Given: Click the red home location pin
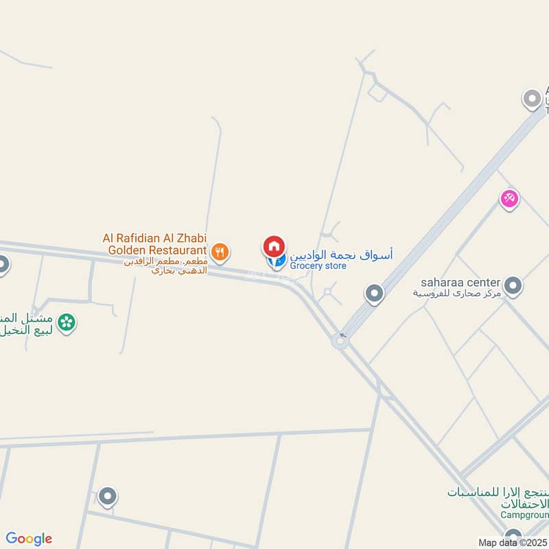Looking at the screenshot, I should click(273, 246).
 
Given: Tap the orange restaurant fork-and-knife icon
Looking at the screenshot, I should click(219, 251).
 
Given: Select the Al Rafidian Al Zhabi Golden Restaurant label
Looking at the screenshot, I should click(155, 244).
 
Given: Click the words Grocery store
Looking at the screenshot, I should click(318, 266).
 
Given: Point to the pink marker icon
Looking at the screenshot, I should click(509, 199).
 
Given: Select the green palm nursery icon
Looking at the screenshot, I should click(66, 322).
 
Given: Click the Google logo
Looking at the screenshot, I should click(29, 539).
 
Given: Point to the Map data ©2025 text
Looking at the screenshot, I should click(512, 543).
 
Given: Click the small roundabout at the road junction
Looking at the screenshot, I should click(340, 341).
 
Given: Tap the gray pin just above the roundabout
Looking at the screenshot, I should click(374, 294).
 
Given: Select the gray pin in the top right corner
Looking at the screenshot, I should click(532, 100).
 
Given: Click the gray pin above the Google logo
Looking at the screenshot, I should click(107, 495).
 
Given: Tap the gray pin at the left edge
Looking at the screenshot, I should click(3, 264).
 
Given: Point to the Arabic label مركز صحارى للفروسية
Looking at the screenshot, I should click(457, 293).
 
